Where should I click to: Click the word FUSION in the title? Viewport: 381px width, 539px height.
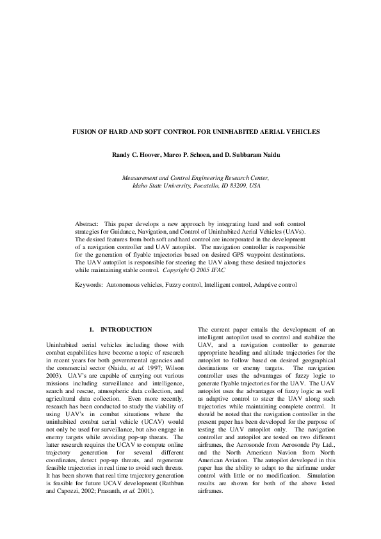coord(88,132)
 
